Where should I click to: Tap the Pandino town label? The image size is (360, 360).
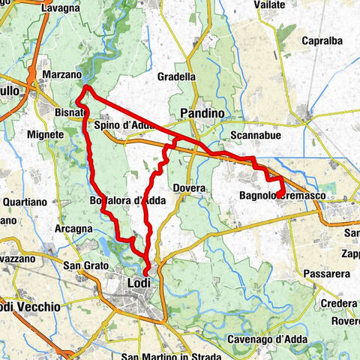(x=202, y=112)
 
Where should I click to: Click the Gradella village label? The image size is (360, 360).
(x=177, y=76)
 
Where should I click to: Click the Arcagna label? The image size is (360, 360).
(x=74, y=227)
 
